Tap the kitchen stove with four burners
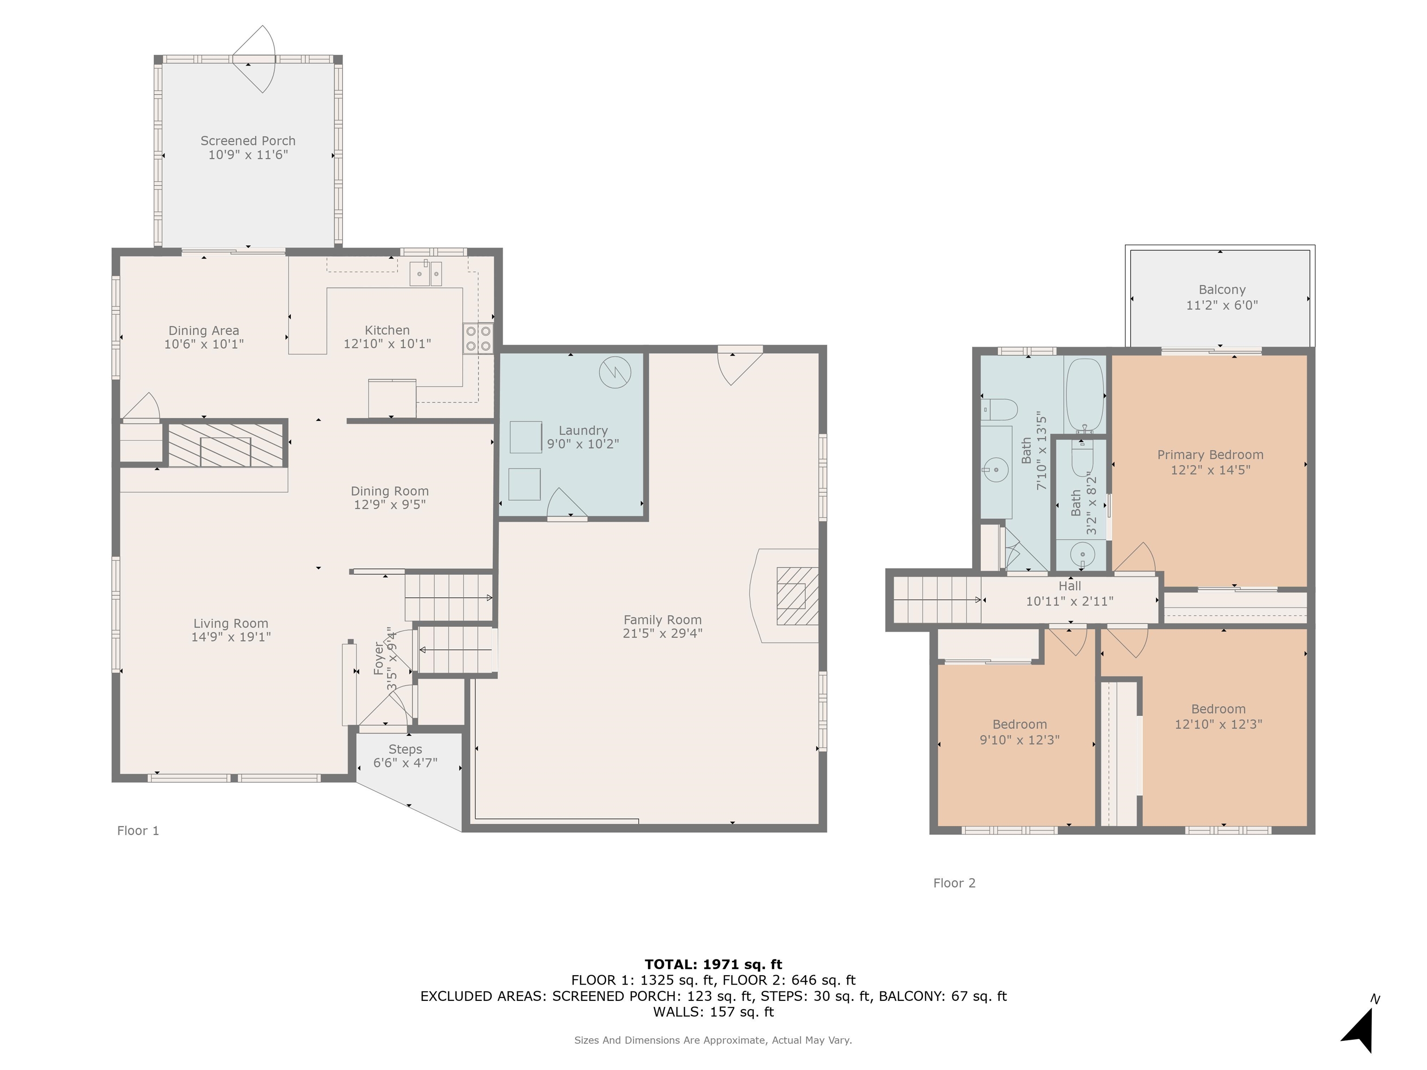point(478,339)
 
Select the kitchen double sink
point(426,274)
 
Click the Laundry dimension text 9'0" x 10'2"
point(583,444)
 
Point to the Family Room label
point(662,620)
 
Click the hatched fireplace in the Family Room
point(798,596)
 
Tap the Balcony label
point(1222,290)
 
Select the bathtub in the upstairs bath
point(1085,395)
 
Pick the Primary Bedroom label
point(1210,455)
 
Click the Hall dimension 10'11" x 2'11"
point(1070,601)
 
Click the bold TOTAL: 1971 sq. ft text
point(713,964)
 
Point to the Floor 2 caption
point(954,883)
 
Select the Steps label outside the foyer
point(405,750)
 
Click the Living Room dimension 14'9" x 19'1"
point(231,637)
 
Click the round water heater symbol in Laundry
point(615,372)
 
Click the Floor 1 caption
point(138,831)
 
